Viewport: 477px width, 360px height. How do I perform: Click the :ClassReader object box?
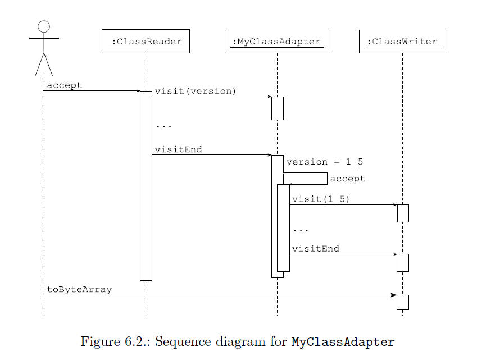point(146,42)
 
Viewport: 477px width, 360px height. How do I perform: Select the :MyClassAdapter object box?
point(277,42)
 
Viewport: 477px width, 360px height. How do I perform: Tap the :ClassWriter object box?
point(402,42)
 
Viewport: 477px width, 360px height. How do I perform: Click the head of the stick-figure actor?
point(44,26)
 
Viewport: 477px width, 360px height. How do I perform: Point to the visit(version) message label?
point(196,91)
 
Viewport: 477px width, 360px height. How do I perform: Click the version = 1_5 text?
point(324,162)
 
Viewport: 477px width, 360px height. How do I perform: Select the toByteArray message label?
point(79,290)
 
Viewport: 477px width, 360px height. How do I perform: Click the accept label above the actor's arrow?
point(64,85)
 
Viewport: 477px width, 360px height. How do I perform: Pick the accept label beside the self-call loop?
point(347,179)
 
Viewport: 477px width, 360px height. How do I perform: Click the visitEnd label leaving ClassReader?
point(178,149)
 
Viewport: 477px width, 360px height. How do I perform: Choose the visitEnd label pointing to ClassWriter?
point(315,248)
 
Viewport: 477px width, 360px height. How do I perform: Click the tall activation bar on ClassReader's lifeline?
point(146,185)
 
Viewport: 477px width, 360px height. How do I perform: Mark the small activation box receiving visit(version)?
point(277,108)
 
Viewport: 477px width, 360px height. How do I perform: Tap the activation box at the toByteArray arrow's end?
point(402,302)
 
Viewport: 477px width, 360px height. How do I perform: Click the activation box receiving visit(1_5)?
point(402,213)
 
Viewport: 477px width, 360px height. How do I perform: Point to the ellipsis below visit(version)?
point(163,126)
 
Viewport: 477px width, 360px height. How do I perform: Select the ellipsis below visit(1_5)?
point(301,230)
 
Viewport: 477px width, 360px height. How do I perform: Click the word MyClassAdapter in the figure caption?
point(343,341)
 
